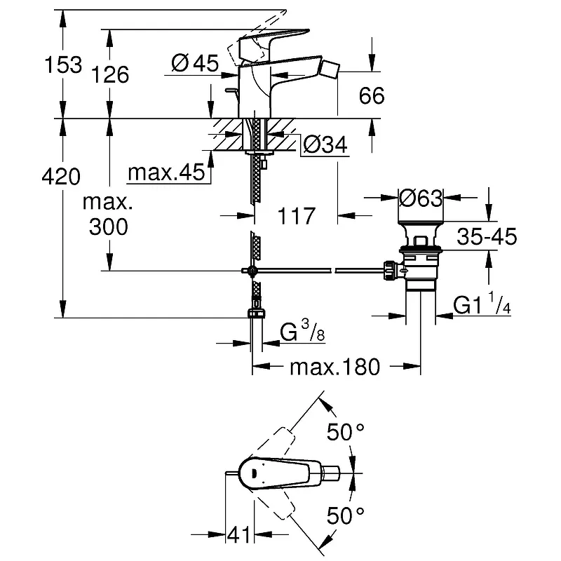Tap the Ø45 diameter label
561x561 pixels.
point(194,63)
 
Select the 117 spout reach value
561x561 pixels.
point(295,215)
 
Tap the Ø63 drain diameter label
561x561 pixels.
point(421,198)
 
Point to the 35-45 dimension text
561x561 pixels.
point(486,237)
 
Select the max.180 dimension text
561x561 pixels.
point(335,366)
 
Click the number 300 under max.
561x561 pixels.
point(109,227)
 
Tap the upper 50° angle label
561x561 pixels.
point(347,433)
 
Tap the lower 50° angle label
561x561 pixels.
point(347,518)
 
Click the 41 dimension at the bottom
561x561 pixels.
point(241,537)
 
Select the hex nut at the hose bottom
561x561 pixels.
point(257,313)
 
